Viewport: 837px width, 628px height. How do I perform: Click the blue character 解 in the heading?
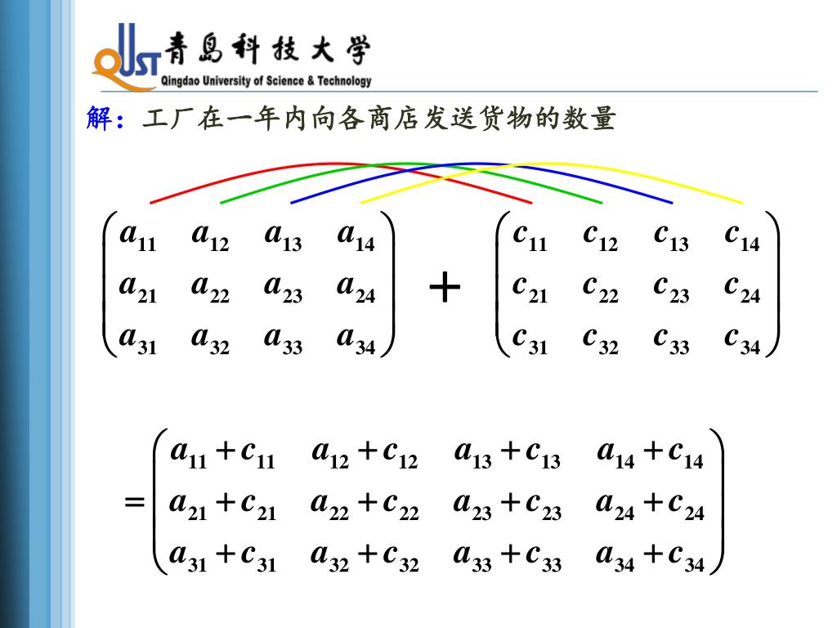97,119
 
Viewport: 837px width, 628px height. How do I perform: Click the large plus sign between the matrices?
445,289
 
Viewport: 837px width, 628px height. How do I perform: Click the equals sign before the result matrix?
134,502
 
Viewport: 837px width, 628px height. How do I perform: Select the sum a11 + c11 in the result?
222,453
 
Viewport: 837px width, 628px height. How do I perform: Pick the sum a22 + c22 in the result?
365,505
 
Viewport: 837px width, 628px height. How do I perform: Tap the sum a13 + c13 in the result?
507,453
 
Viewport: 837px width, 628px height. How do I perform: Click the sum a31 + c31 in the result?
222,557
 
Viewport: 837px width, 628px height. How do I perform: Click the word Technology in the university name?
344,81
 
